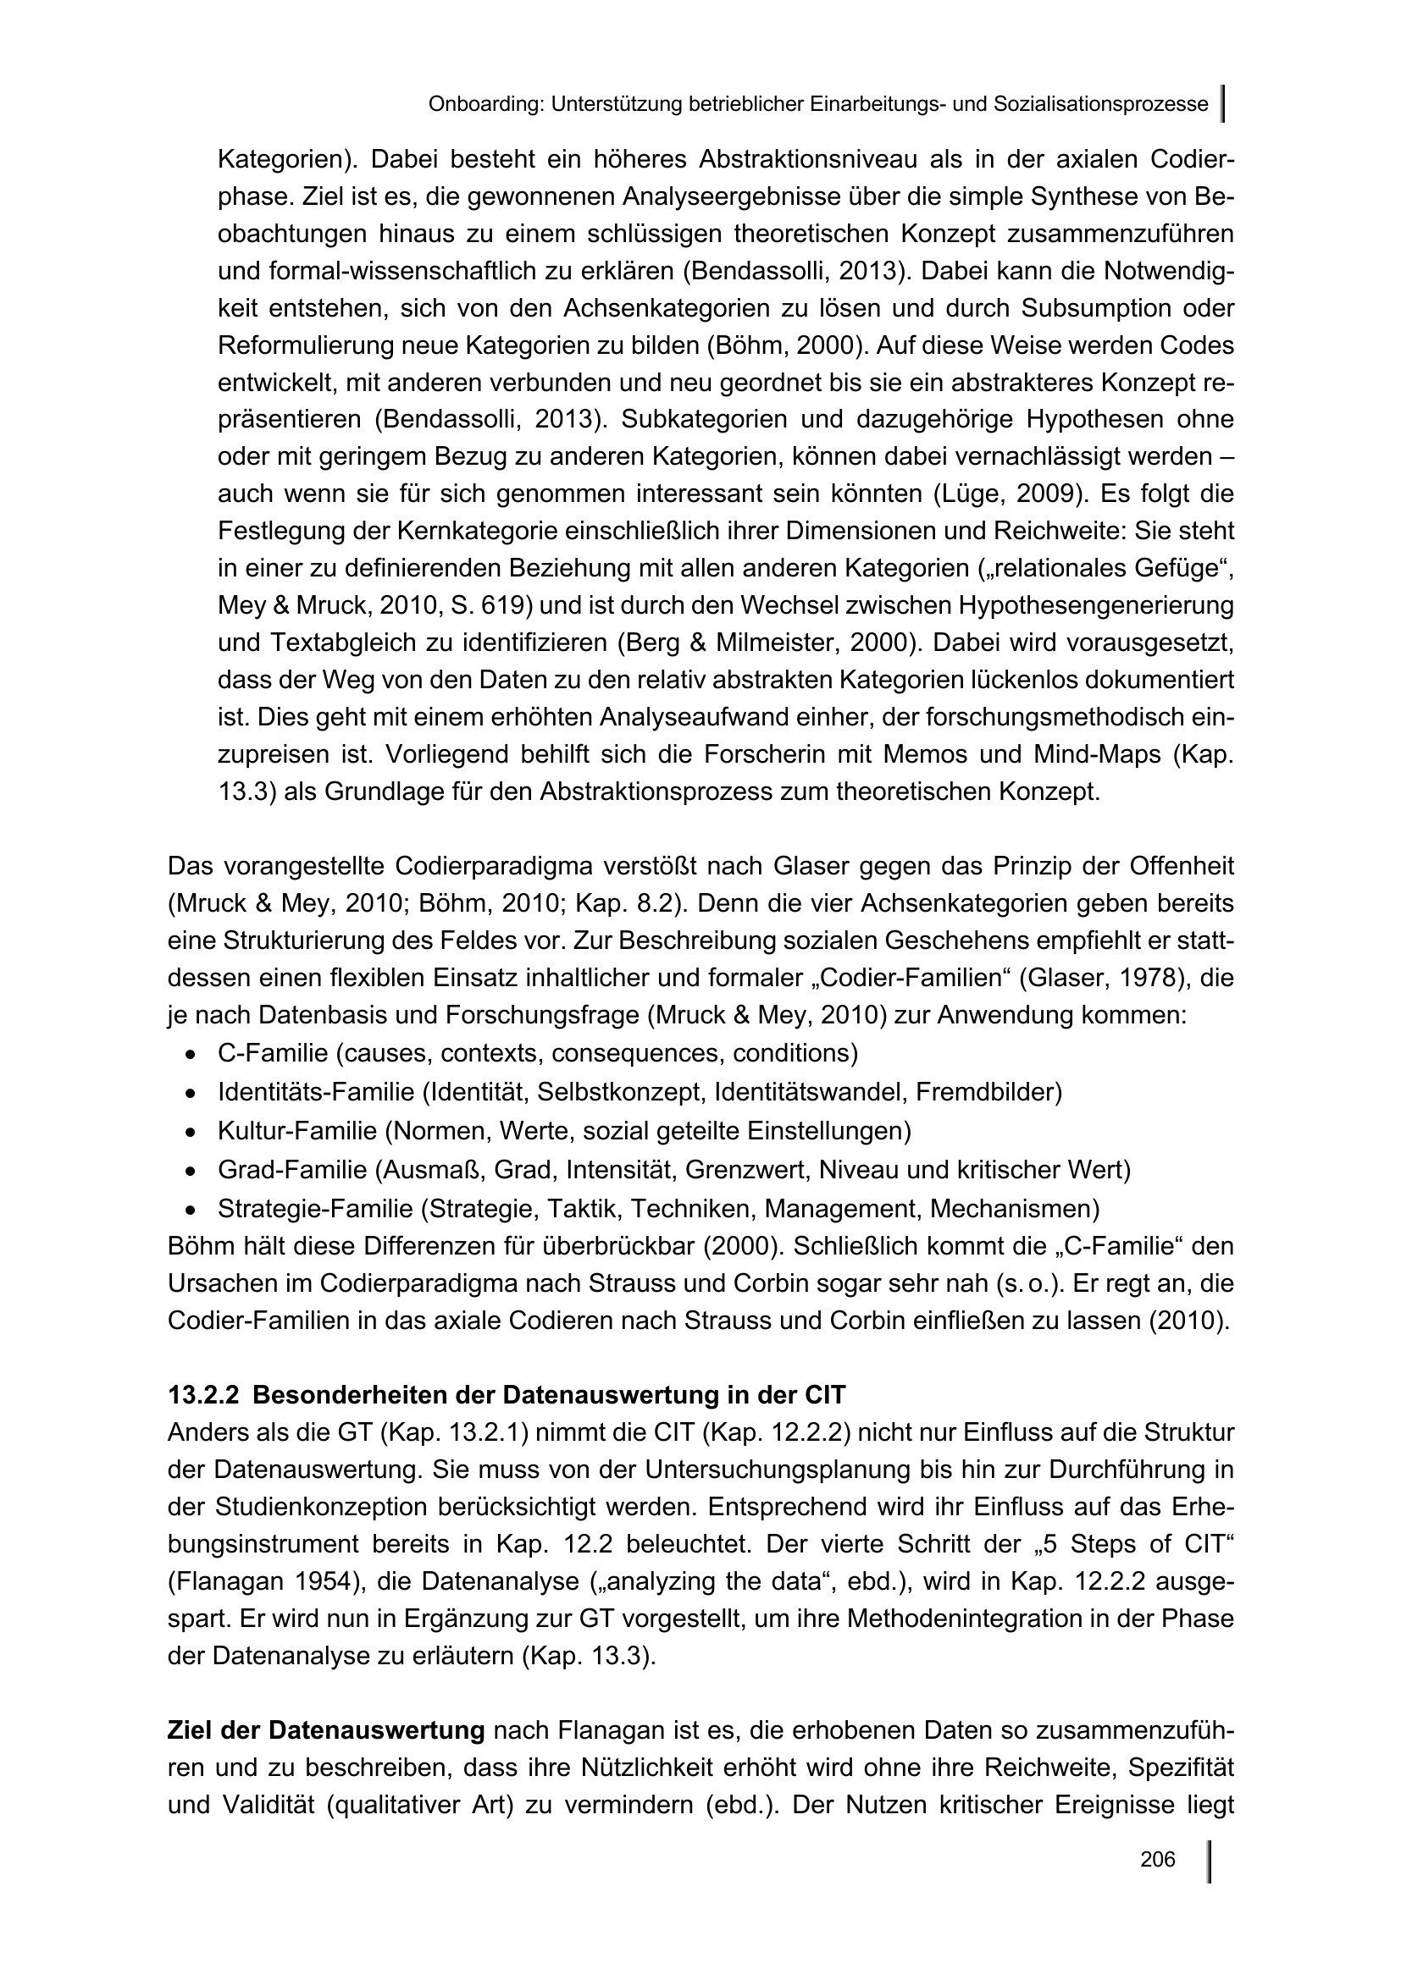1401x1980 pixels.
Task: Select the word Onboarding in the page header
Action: click(485, 104)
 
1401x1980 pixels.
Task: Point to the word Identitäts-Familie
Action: click(316, 1092)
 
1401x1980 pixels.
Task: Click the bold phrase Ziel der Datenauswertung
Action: click(326, 1730)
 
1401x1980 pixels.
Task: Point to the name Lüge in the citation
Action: click(974, 494)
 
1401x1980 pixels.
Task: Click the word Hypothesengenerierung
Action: click(1095, 605)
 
